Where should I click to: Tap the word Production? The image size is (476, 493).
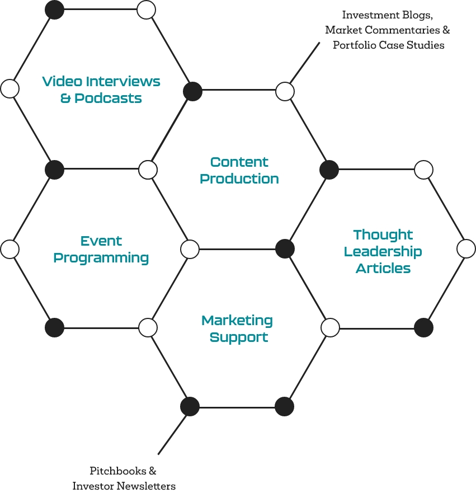(239, 179)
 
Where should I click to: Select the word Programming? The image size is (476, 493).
(101, 258)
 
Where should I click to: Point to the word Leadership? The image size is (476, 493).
(383, 252)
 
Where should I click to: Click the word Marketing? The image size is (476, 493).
(237, 321)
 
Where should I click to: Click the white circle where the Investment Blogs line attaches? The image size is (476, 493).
(285, 91)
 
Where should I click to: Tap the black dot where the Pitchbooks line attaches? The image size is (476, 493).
(190, 406)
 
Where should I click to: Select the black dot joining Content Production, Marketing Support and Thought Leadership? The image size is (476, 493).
(285, 248)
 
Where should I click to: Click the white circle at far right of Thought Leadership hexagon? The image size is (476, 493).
(466, 248)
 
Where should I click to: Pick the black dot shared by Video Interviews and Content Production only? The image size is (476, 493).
(192, 91)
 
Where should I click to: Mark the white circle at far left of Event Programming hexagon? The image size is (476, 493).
(10, 248)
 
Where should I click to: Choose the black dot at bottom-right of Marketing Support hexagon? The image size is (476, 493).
(284, 406)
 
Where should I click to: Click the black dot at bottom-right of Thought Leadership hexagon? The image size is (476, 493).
(423, 327)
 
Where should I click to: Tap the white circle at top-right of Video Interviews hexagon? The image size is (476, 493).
(146, 10)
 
